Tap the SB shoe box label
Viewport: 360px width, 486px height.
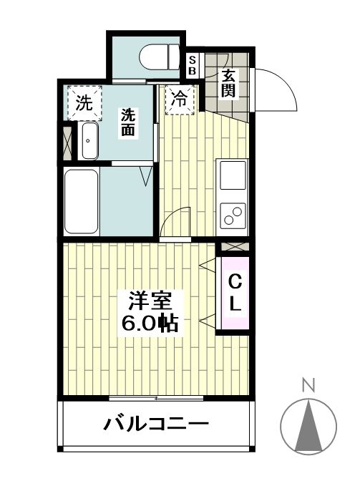point(192,67)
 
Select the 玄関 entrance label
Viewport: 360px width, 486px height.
point(228,82)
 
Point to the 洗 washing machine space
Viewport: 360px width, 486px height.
point(84,102)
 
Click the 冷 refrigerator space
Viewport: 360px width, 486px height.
point(180,100)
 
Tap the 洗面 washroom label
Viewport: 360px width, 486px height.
point(128,121)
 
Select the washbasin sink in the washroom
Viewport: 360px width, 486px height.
point(89,142)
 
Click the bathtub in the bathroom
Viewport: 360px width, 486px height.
point(80,202)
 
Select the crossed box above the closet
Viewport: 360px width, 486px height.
point(233,246)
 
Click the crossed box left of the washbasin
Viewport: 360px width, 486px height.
point(68,141)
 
